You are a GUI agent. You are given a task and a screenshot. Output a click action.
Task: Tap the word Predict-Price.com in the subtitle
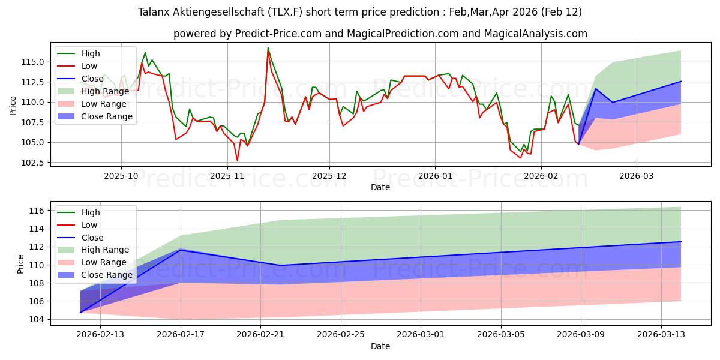[x=274, y=34]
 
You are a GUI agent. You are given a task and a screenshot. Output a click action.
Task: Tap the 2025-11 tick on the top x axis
[x=227, y=176]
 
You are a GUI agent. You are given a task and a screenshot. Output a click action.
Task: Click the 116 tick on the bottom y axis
[x=37, y=211]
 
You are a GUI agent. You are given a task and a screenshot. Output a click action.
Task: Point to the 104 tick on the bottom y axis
[x=37, y=319]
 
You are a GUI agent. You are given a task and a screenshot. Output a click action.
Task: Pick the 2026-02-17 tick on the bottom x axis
[x=181, y=335]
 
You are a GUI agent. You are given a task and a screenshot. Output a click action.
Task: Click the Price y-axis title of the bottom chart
[x=21, y=263]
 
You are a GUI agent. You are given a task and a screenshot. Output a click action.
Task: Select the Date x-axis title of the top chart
[x=380, y=187]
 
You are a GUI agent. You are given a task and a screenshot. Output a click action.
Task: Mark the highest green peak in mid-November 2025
[x=268, y=47]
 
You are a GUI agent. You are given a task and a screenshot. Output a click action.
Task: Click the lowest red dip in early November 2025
[x=237, y=160]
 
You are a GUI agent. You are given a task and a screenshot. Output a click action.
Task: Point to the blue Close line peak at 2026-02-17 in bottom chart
[x=181, y=250]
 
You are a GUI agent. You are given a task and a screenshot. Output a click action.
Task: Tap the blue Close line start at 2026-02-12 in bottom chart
[x=80, y=312]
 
